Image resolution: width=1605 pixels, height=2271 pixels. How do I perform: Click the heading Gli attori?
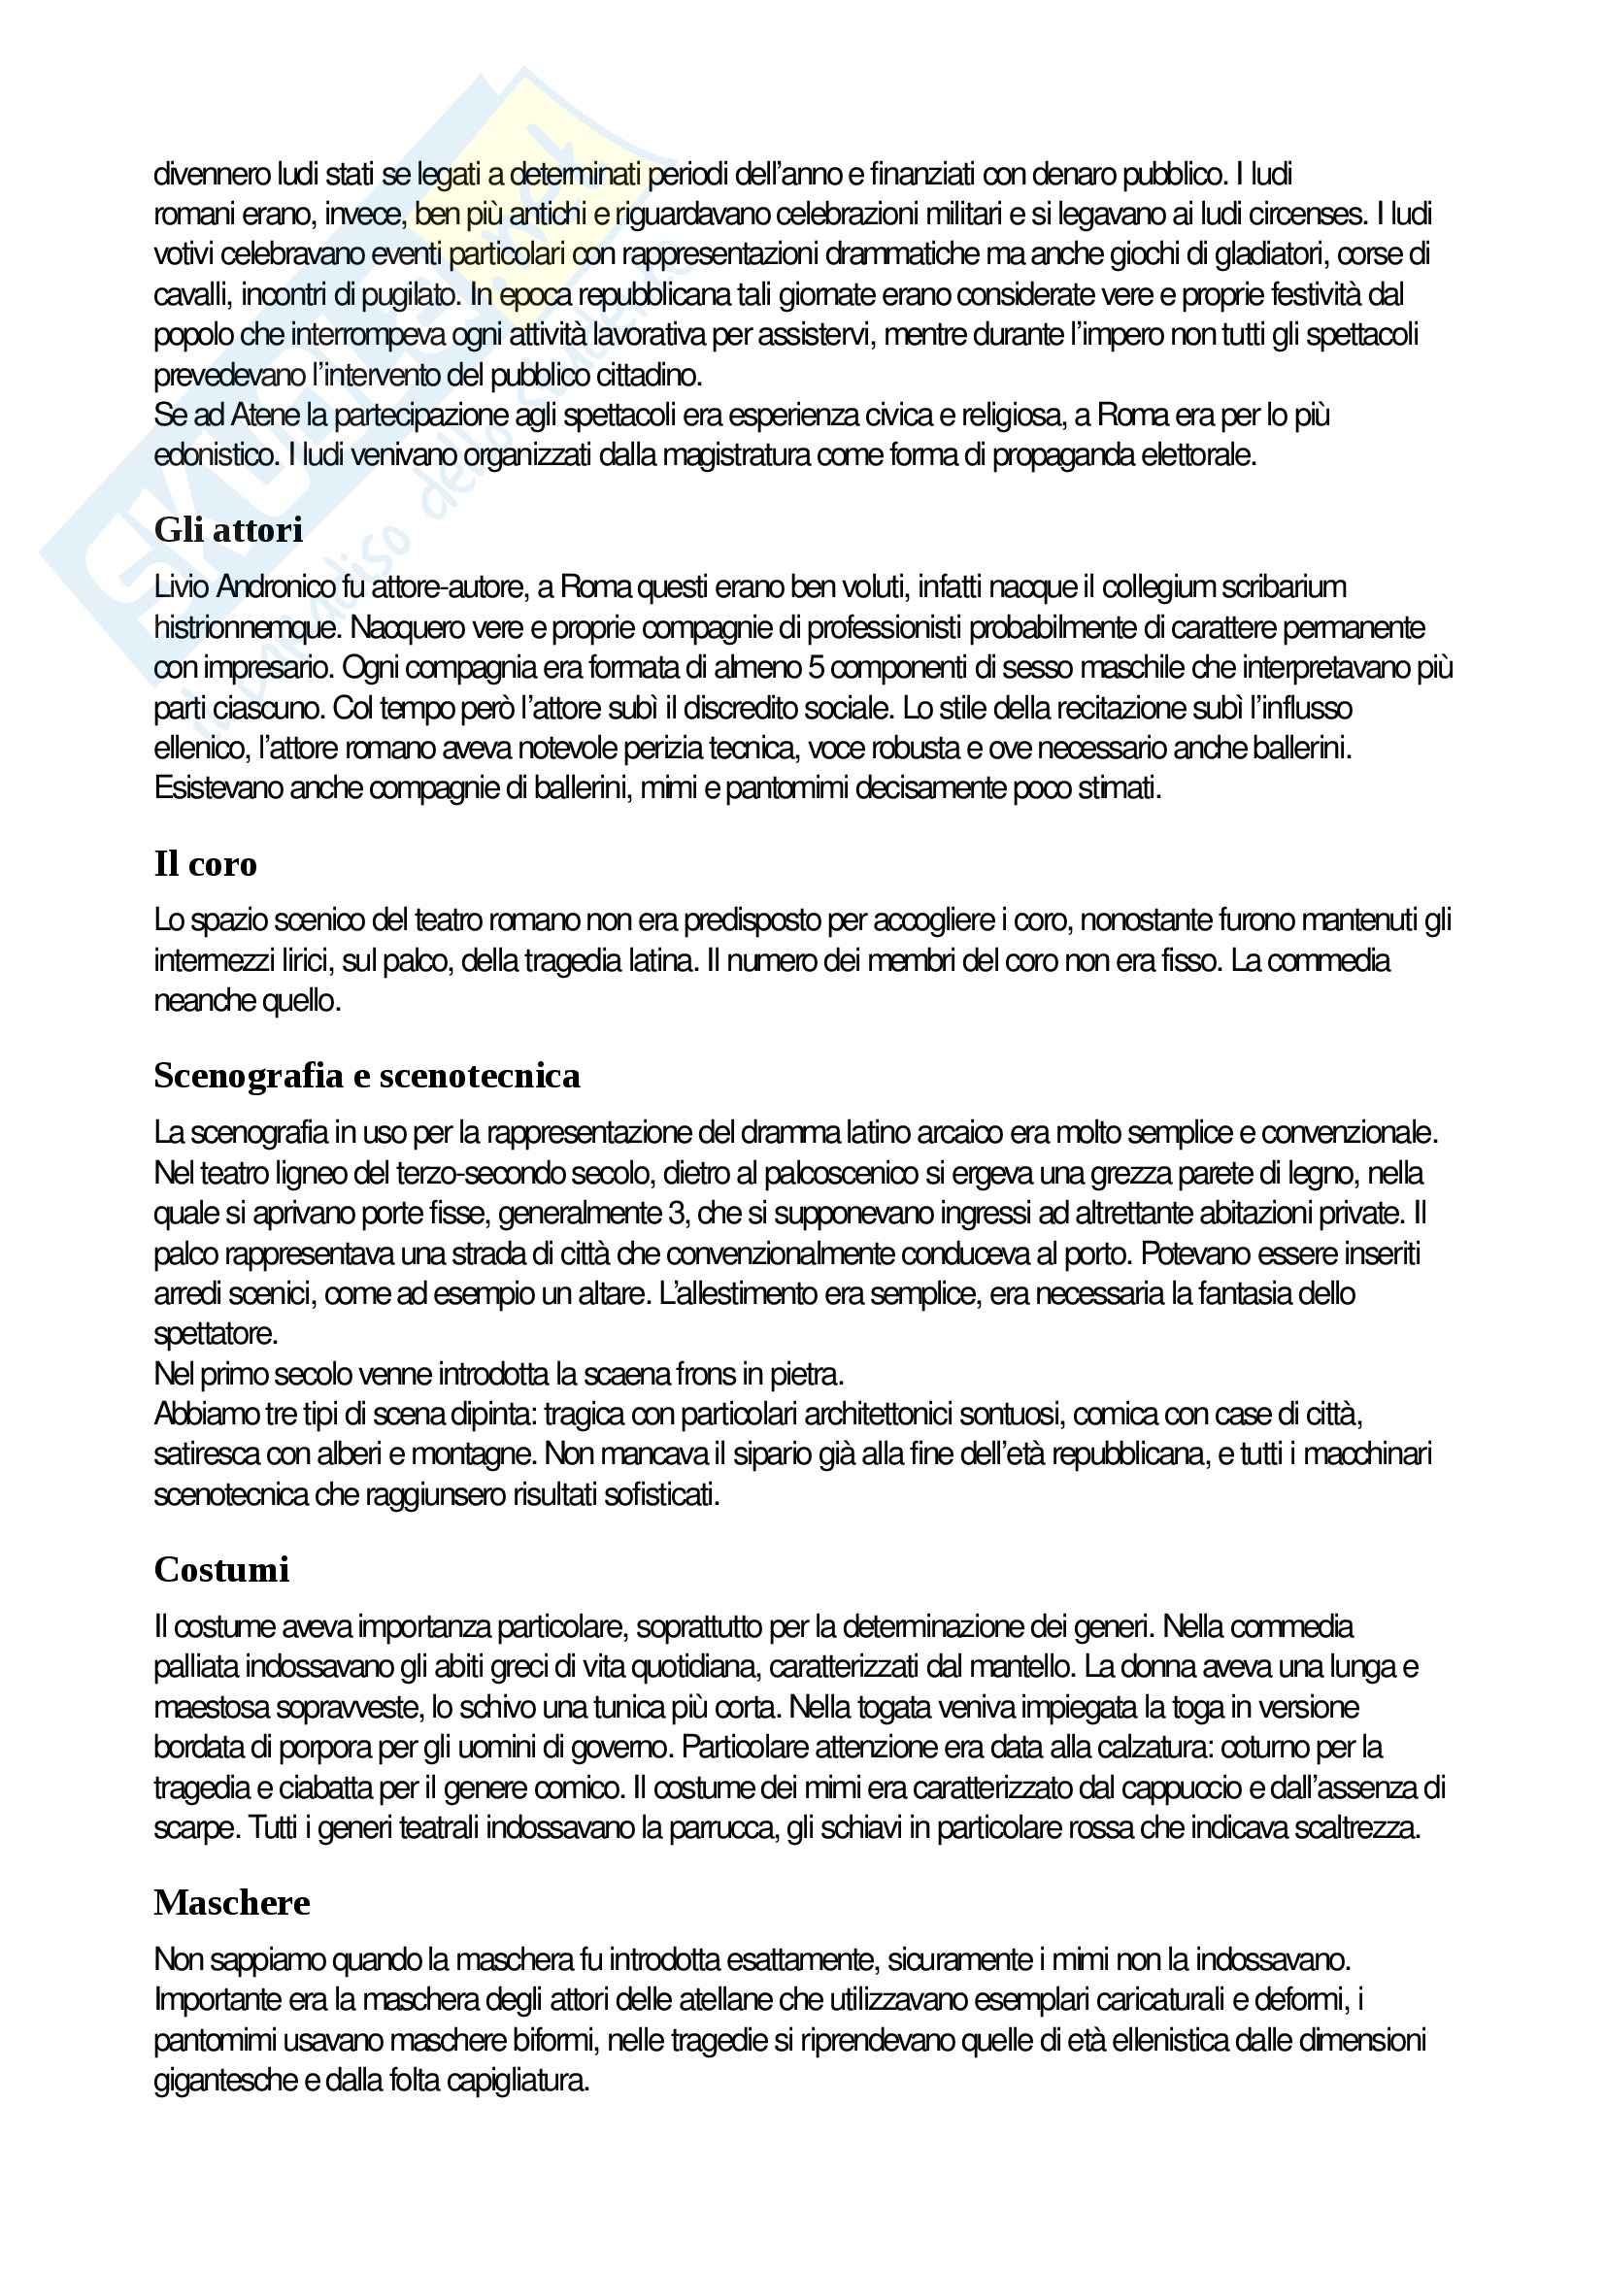[228, 530]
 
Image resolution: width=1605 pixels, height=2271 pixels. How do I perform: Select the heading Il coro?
[205, 863]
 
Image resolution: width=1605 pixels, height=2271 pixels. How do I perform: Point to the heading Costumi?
[221, 1570]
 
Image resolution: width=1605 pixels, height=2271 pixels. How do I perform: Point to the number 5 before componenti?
[816, 669]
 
